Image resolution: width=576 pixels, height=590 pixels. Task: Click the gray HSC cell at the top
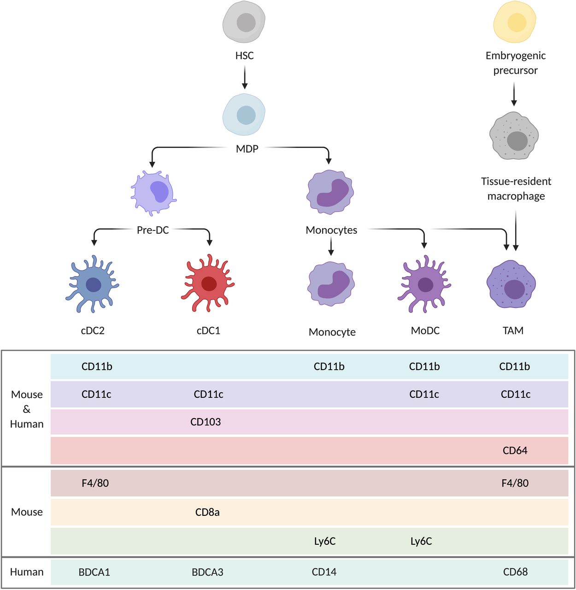pyautogui.click(x=244, y=22)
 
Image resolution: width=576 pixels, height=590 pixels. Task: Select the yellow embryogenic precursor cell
pyautogui.click(x=515, y=22)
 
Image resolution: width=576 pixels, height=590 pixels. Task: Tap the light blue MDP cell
pyautogui.click(x=244, y=115)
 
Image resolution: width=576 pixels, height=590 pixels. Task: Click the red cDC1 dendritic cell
pyautogui.click(x=208, y=283)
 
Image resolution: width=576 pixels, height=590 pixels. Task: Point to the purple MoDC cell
pyautogui.click(x=424, y=284)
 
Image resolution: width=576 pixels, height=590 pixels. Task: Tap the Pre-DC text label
pyautogui.click(x=153, y=230)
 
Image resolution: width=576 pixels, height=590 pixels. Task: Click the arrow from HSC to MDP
pyautogui.click(x=245, y=77)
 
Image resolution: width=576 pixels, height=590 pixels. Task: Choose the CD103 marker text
pyautogui.click(x=206, y=422)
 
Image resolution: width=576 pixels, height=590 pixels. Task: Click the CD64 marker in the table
pyautogui.click(x=515, y=450)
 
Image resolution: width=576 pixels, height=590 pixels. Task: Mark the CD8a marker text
pyautogui.click(x=207, y=512)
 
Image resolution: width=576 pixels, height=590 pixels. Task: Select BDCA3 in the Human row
pyautogui.click(x=207, y=572)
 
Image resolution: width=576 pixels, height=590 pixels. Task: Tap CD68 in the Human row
pyautogui.click(x=515, y=572)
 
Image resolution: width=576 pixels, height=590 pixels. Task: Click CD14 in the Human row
pyautogui.click(x=324, y=572)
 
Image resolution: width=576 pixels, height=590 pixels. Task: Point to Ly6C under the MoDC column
pyautogui.click(x=421, y=541)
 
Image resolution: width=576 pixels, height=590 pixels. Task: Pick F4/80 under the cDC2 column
pyautogui.click(x=95, y=483)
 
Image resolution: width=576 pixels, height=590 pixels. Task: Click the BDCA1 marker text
pyautogui.click(x=94, y=572)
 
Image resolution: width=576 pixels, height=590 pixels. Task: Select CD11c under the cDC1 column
pyautogui.click(x=208, y=394)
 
